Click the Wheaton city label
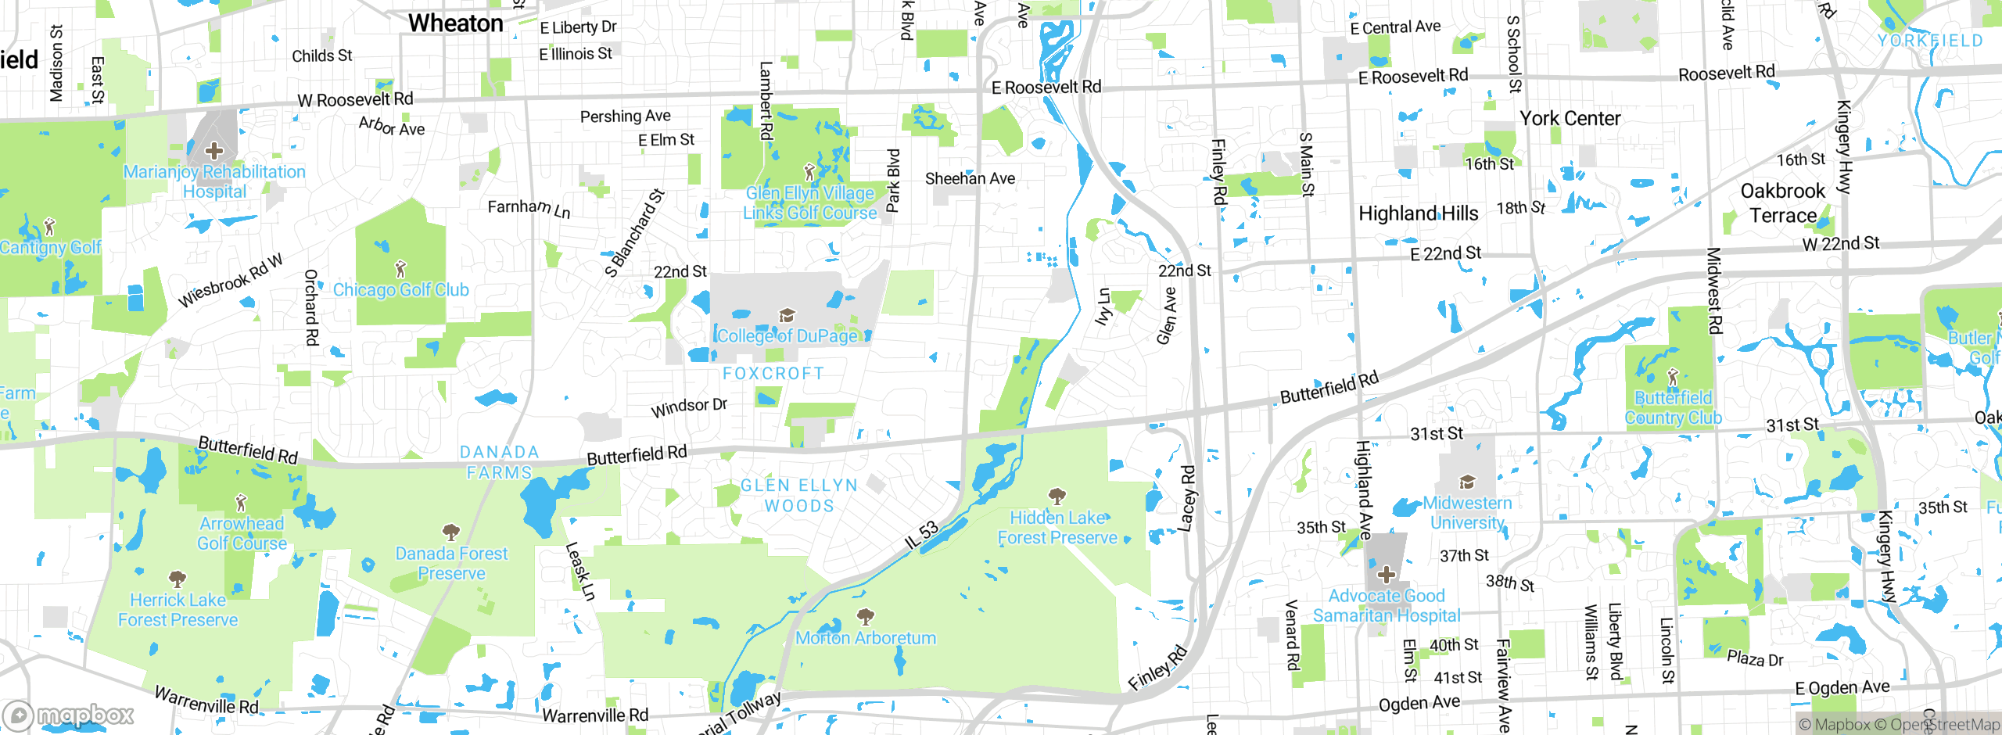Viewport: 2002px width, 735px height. (455, 23)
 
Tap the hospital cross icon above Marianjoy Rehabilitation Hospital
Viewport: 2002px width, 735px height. (213, 150)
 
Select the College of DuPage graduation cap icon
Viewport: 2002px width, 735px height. (787, 315)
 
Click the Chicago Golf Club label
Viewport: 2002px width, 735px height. (400, 290)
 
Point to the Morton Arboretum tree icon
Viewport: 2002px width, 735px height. (865, 617)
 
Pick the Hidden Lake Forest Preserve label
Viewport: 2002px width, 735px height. (1057, 528)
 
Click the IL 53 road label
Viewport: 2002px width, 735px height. (920, 536)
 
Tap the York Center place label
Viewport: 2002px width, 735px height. (1570, 119)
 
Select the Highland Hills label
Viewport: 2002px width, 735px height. (1418, 213)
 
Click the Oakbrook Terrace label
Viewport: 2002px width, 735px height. (1782, 203)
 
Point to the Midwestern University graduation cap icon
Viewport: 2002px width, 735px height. (1467, 482)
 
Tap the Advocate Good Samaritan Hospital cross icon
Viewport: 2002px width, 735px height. (1386, 575)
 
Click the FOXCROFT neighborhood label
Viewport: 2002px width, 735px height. (773, 374)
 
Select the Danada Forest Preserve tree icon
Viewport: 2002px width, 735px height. (450, 533)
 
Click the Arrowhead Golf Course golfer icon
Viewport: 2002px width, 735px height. (241, 502)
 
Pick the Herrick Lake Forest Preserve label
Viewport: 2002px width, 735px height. (178, 610)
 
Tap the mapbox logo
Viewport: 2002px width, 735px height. (69, 715)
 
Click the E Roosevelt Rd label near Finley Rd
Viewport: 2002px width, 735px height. (1046, 88)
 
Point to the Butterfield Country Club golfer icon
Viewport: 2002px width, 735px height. (1673, 378)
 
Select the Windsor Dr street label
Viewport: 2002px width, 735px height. (688, 407)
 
